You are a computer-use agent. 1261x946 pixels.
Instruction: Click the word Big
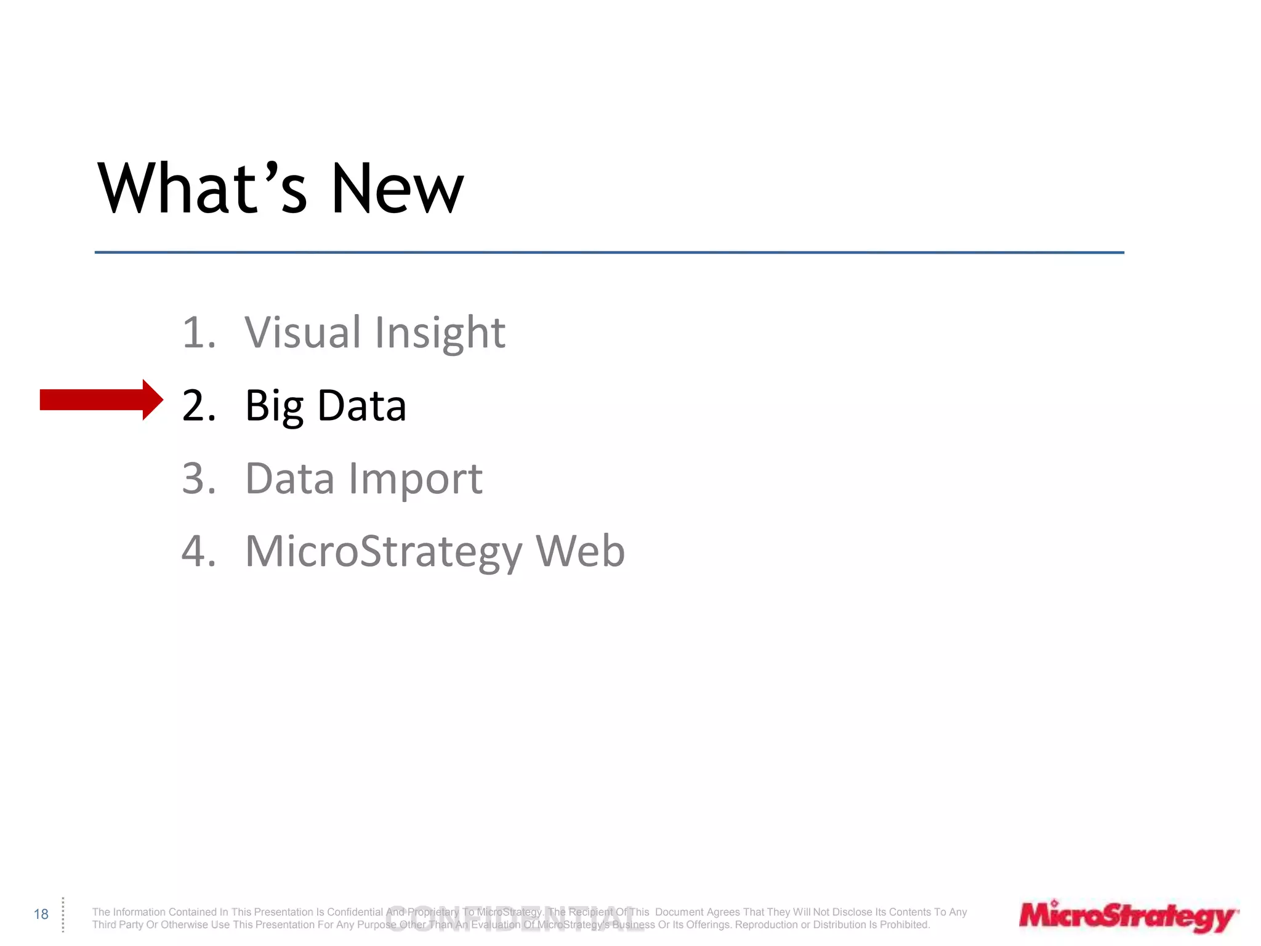(274, 406)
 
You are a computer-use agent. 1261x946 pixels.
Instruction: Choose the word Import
(416, 480)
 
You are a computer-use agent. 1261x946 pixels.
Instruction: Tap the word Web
(580, 551)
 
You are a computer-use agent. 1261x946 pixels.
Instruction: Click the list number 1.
(199, 333)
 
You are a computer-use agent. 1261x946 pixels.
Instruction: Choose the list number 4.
(199, 551)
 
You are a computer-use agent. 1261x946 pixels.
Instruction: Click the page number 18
(41, 914)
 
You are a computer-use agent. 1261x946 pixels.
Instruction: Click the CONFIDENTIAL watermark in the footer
(515, 919)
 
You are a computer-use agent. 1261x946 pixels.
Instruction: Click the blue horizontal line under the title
(609, 253)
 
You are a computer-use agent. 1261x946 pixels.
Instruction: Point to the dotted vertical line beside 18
(63, 915)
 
